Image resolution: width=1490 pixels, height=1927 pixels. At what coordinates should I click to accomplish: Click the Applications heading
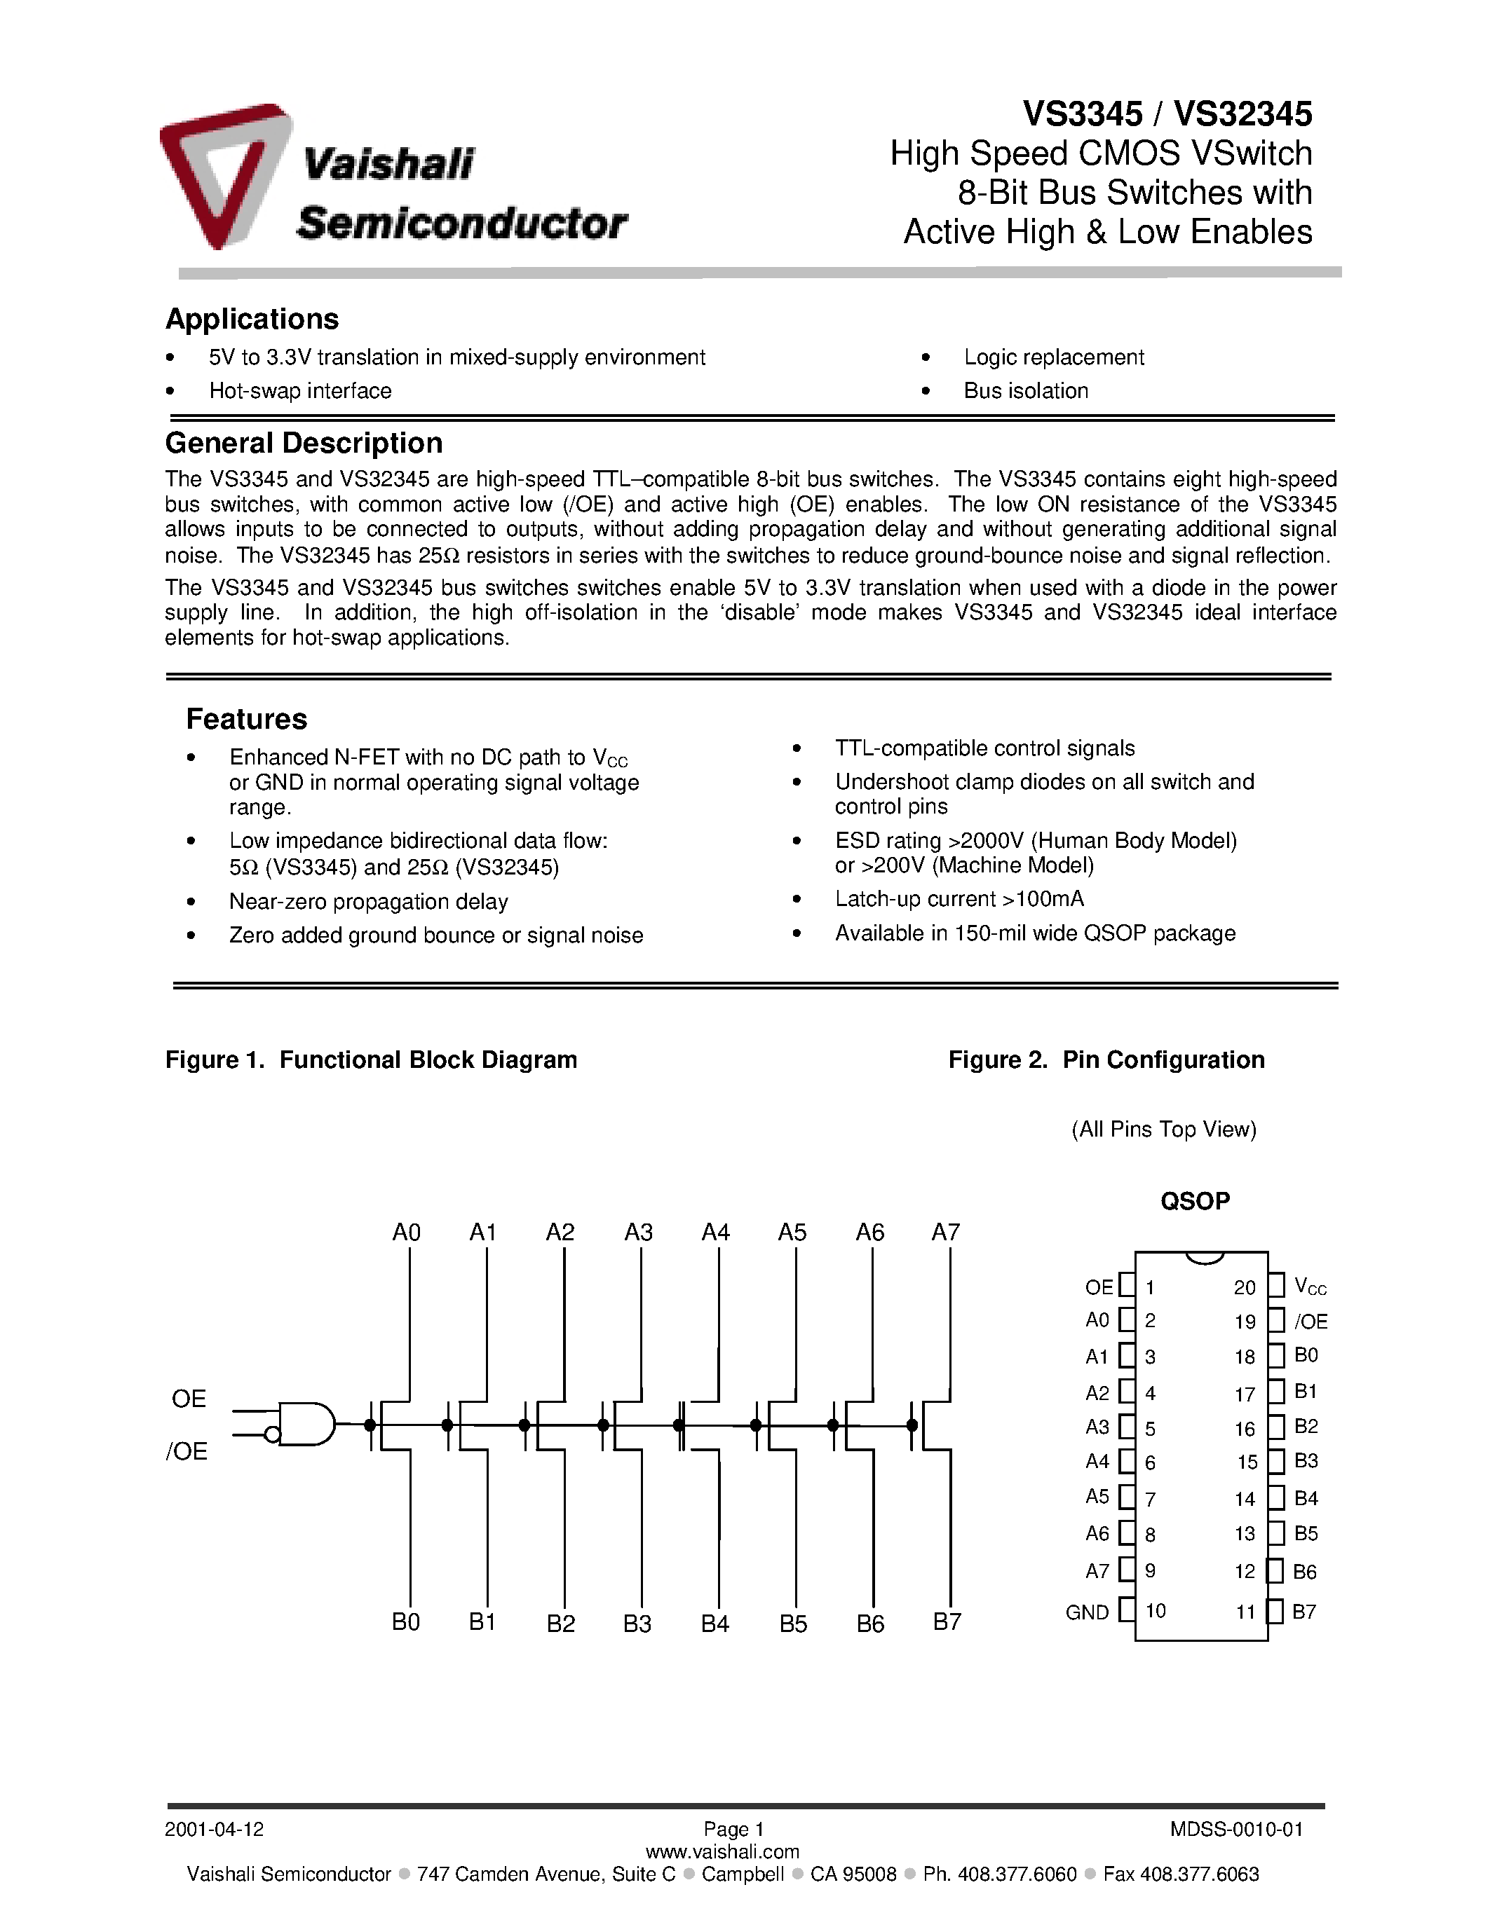point(252,319)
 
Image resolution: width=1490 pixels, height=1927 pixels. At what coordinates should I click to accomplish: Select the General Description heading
point(304,443)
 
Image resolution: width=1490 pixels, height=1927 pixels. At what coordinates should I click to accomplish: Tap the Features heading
point(246,719)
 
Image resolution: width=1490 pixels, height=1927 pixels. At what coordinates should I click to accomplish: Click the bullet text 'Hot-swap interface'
point(300,391)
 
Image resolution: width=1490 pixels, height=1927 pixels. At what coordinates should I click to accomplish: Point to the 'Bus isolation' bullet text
point(1026,391)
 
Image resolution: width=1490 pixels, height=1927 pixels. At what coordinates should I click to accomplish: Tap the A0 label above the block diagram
point(406,1233)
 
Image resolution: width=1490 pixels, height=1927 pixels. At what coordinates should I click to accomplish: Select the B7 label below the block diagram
point(947,1621)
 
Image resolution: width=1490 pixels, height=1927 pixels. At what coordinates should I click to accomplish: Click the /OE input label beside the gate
point(187,1451)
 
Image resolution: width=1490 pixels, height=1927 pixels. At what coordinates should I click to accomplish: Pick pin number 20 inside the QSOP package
point(1245,1287)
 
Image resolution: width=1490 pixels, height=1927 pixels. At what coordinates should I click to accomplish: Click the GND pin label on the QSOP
point(1087,1612)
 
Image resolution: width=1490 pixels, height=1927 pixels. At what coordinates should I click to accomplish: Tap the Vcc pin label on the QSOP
point(1310,1287)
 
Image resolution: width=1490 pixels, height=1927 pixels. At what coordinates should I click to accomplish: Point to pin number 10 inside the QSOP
point(1156,1611)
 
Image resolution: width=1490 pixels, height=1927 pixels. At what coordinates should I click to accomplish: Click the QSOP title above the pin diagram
point(1194,1201)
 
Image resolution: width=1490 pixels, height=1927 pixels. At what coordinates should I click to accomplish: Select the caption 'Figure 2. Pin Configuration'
point(1106,1059)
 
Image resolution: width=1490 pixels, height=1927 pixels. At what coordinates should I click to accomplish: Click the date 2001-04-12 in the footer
point(215,1829)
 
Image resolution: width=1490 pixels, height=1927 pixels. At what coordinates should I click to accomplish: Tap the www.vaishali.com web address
point(722,1851)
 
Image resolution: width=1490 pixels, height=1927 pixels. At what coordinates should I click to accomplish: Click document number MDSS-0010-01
point(1235,1829)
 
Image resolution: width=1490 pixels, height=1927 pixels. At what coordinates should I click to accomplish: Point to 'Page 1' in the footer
point(733,1829)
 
